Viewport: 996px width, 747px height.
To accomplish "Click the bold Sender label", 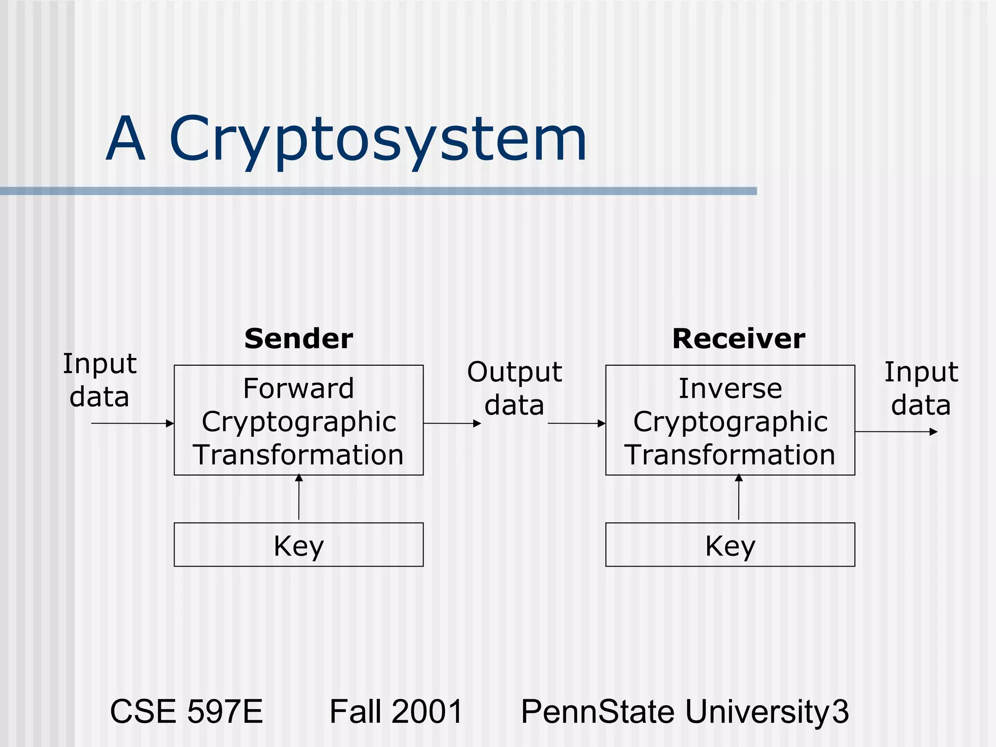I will click(x=299, y=339).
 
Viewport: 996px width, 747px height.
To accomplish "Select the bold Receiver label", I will click(x=738, y=339).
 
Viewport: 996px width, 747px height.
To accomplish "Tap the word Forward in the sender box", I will click(x=299, y=389).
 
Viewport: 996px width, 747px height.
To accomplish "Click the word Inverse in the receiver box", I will click(x=730, y=389).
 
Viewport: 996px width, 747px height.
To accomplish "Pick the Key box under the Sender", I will click(x=299, y=545).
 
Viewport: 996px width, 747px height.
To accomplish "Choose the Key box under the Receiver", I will click(x=730, y=545).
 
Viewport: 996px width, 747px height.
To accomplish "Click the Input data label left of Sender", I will click(x=100, y=380).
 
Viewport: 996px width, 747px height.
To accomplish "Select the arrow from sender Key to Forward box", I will click(x=299, y=497).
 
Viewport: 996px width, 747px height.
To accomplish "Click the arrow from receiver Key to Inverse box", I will click(x=739, y=497).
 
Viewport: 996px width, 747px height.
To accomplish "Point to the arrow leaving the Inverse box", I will click(x=896, y=431).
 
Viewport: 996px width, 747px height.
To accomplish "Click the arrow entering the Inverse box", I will click(x=576, y=424).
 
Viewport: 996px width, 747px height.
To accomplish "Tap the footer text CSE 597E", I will click(x=186, y=711).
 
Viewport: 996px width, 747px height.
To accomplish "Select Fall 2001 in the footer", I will click(x=396, y=711).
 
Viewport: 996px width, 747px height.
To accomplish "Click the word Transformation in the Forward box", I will click(x=299, y=455).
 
